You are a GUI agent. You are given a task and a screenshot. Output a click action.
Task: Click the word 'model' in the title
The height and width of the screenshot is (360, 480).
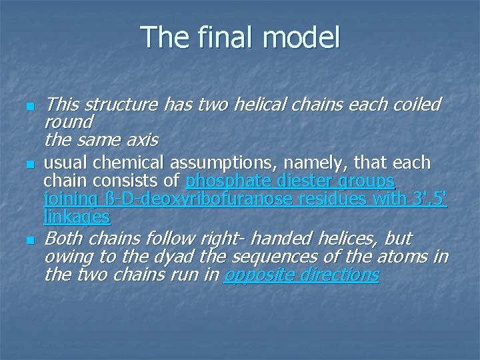(303, 37)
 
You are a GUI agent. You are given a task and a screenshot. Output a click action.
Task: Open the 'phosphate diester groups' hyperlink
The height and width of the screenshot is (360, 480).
(290, 181)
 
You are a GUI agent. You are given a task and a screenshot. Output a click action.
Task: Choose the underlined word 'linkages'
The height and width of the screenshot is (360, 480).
(77, 217)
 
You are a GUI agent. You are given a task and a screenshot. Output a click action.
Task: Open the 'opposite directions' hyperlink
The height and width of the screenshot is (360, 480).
(301, 275)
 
